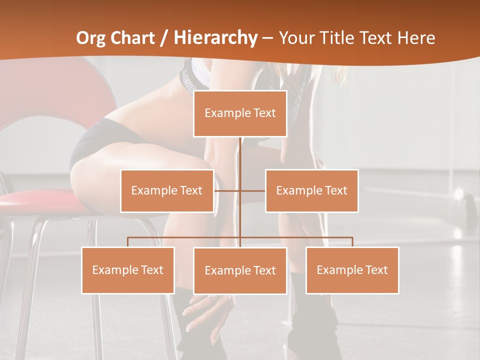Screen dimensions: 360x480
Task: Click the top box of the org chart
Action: coord(240,113)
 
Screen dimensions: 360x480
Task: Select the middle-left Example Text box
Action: coord(167,190)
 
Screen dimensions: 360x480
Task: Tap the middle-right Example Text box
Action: coord(311,190)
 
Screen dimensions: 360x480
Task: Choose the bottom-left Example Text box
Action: coord(128,270)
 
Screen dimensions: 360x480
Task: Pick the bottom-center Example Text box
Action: coord(240,270)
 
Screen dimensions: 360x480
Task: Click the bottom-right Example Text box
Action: coord(352,270)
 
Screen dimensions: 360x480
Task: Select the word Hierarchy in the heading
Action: coord(215,37)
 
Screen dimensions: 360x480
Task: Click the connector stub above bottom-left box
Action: coord(128,242)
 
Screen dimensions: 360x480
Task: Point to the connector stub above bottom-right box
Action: coord(352,242)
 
